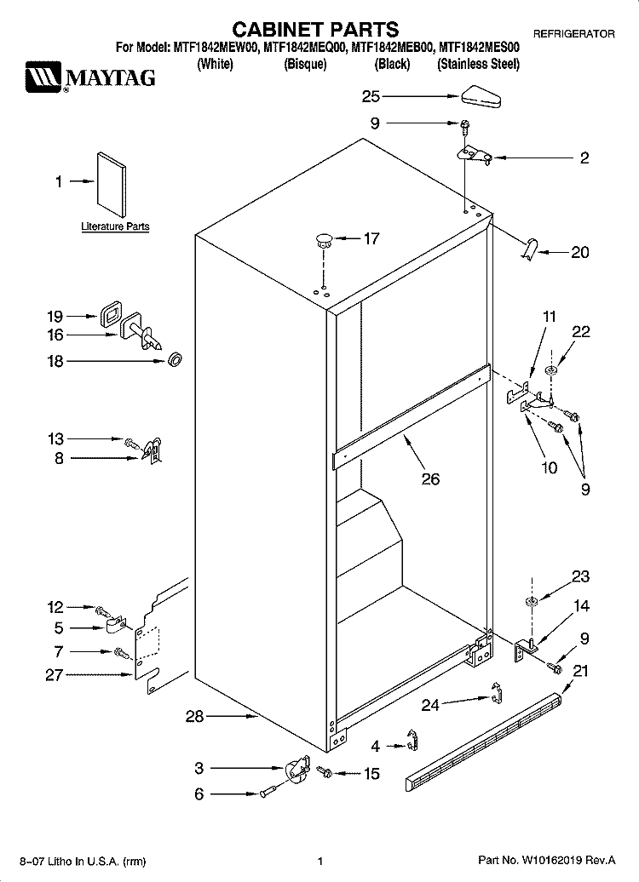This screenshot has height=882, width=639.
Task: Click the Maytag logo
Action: [x=90, y=78]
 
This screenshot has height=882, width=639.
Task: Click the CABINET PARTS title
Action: [x=316, y=29]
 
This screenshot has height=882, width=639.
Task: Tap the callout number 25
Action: [x=371, y=97]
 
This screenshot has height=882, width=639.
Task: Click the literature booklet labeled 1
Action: [x=111, y=184]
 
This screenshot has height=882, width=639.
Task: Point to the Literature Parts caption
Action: [x=115, y=226]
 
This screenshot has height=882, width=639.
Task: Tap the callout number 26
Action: [x=431, y=478]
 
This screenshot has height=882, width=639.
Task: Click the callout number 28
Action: [x=195, y=717]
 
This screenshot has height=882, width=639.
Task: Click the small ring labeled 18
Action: [x=176, y=359]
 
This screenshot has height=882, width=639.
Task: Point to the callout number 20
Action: [x=580, y=252]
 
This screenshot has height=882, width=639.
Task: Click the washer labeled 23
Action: [x=531, y=603]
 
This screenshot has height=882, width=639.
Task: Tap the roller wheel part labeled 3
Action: [x=298, y=769]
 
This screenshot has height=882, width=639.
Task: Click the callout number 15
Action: [x=371, y=774]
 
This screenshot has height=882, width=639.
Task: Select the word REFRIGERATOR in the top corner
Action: [x=573, y=34]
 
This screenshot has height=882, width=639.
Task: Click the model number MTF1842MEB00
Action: [x=393, y=49]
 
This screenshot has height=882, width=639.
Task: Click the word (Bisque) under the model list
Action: [x=305, y=64]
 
